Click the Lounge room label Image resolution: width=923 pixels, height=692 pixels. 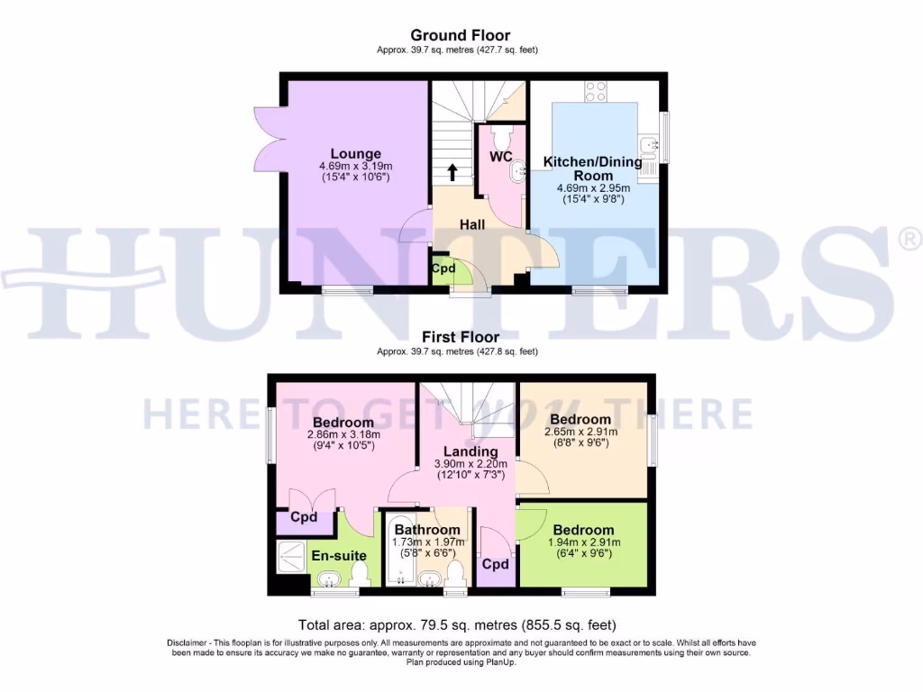point(355,153)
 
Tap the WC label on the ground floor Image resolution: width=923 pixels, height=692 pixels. point(500,157)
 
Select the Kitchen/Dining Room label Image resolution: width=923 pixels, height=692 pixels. point(592,168)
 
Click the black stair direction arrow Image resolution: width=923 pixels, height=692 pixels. point(452,171)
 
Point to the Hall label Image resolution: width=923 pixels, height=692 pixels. point(472,223)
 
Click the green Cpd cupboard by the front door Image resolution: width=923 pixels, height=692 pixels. point(443,269)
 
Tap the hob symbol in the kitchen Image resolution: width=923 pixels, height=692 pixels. point(596,91)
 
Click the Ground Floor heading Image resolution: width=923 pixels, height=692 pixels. point(461,36)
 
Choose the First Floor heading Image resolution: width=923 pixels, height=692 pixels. point(461,337)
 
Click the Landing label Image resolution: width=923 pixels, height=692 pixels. point(471,451)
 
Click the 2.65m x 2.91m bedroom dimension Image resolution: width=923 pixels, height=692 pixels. point(580,432)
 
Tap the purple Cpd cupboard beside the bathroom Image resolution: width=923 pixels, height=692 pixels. point(495,564)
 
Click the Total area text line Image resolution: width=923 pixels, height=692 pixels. point(461,624)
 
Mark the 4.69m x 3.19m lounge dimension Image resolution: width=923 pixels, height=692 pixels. point(355,166)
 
